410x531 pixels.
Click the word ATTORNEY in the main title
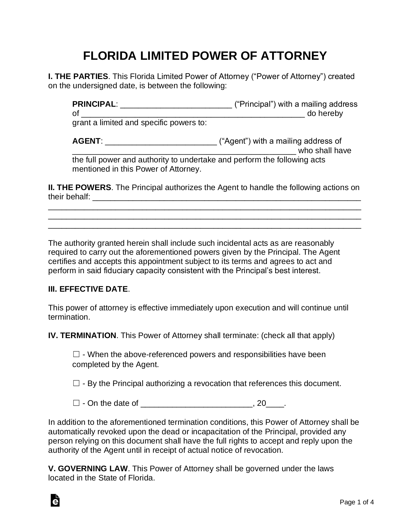[294, 56]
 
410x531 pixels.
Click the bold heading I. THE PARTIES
[78, 76]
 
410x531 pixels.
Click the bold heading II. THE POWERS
[79, 188]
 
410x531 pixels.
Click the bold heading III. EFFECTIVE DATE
[88, 289]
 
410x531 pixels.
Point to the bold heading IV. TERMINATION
[82, 336]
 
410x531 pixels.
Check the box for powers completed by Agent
[76, 355]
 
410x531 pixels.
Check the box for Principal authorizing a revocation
[76, 383]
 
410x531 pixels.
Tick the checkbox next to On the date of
[76, 403]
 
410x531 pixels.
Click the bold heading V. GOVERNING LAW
[88, 469]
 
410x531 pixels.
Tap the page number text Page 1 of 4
[357, 509]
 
